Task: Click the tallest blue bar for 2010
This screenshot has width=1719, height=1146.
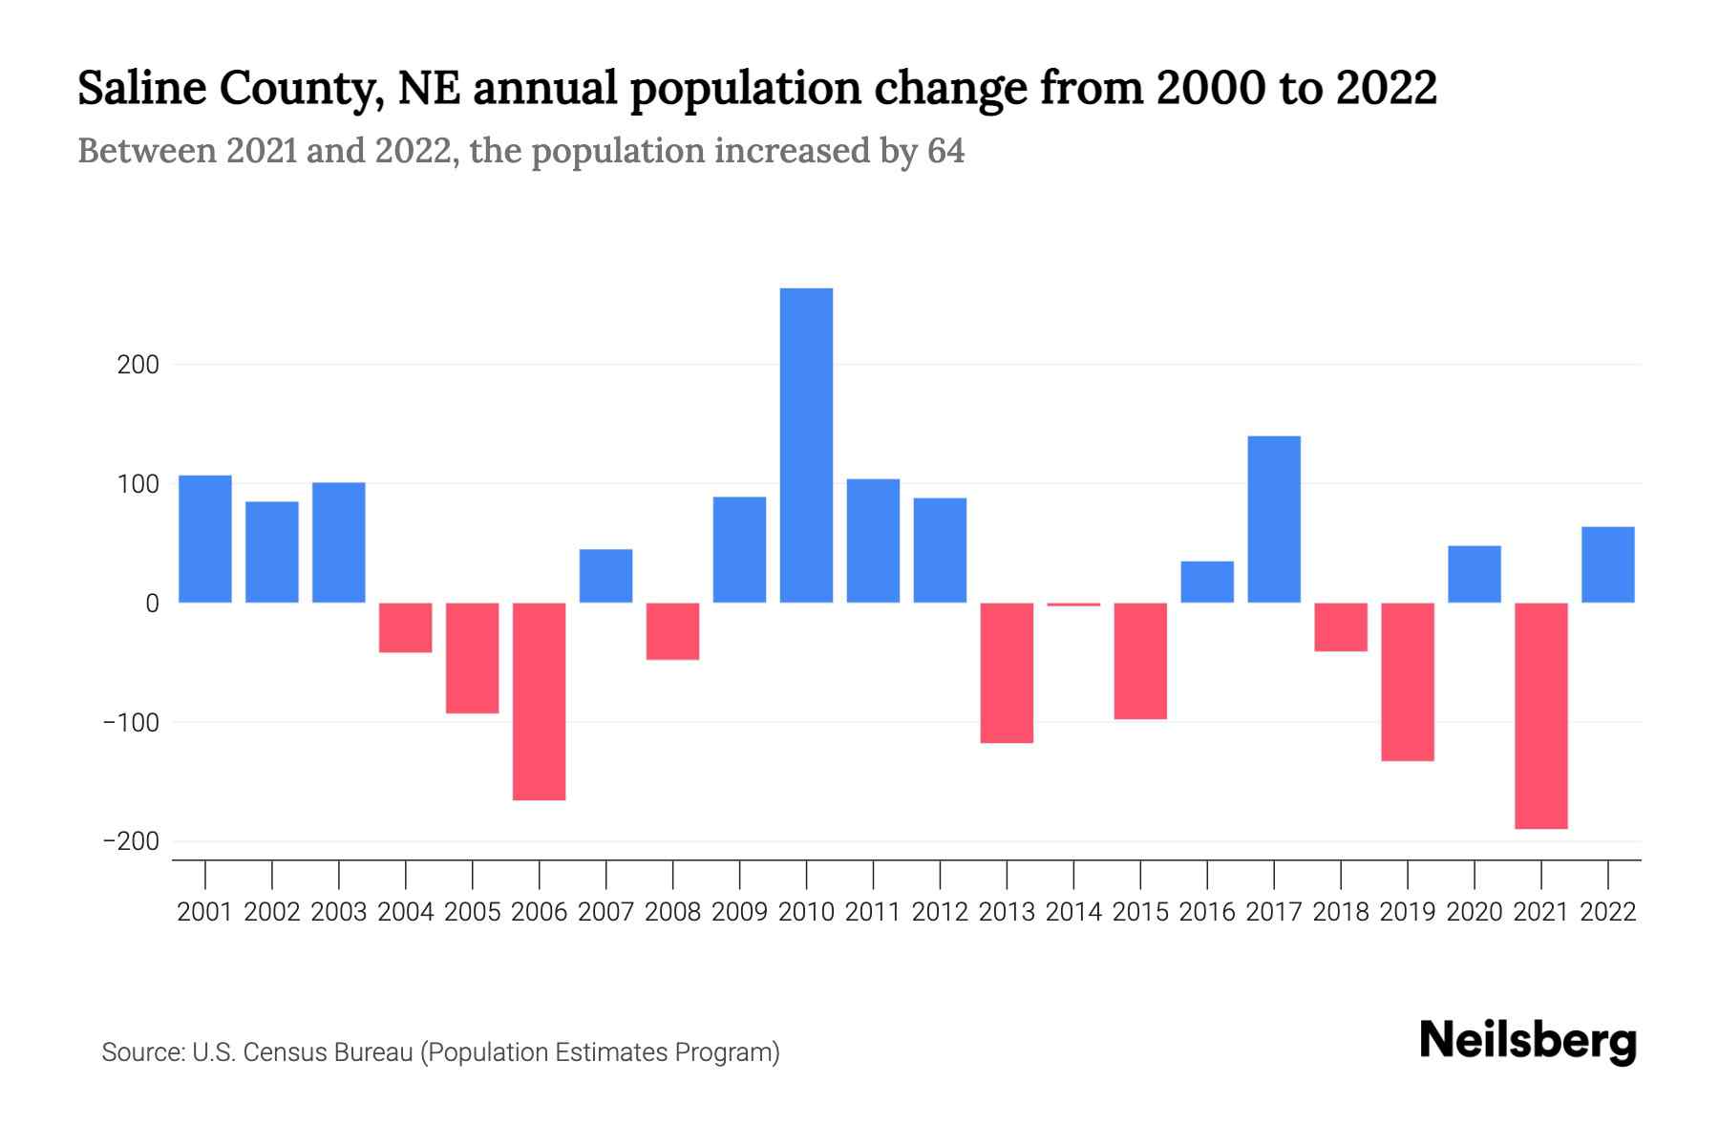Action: (806, 445)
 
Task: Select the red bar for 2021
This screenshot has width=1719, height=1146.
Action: (1540, 715)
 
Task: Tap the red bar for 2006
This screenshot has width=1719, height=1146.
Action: (540, 701)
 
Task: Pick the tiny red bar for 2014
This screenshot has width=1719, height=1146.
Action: (1073, 605)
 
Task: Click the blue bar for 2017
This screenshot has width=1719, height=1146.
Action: (1274, 519)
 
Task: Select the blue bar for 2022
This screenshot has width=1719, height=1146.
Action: (1607, 564)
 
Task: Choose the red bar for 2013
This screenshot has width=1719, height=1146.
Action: (1007, 672)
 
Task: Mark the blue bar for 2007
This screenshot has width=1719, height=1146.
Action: (605, 576)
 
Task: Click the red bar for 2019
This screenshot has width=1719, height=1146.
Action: (1407, 681)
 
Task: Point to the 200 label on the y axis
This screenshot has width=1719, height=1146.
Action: (138, 365)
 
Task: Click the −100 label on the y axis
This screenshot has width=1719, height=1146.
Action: (131, 722)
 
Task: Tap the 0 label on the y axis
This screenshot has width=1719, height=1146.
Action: (152, 604)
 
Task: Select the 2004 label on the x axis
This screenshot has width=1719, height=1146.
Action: (406, 912)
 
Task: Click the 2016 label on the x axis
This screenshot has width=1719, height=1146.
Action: (1207, 912)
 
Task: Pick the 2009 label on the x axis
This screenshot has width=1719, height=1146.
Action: (739, 912)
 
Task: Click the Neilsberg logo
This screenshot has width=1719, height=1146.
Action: (1528, 1041)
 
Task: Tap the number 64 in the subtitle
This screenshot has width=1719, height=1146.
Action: (945, 151)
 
